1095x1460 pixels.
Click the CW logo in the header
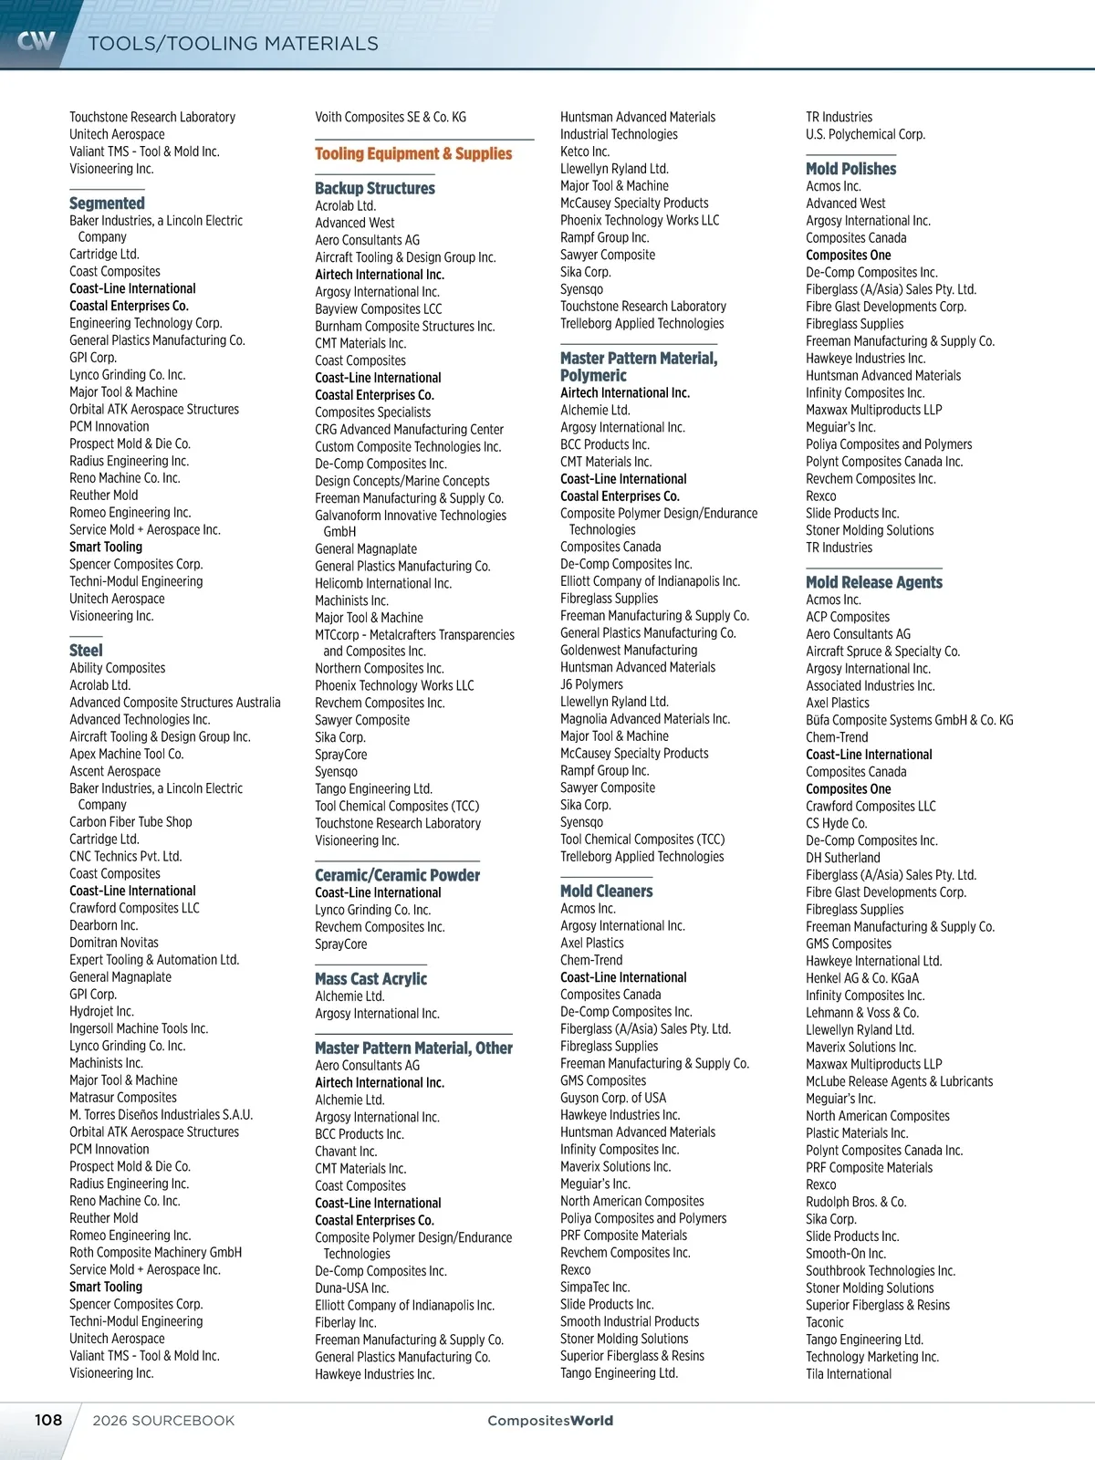[x=36, y=40]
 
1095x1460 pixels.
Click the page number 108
[x=48, y=1420]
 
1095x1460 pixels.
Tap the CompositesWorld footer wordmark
[x=550, y=1420]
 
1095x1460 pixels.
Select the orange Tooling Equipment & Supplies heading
[x=413, y=153]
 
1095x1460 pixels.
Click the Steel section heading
[x=86, y=650]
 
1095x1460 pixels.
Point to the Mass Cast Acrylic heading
[x=370, y=978]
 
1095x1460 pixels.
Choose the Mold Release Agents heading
[x=873, y=581]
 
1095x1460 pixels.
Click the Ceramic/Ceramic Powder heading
[x=397, y=874]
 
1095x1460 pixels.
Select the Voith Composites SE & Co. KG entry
[x=391, y=117]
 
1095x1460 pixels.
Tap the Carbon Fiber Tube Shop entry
[x=130, y=821]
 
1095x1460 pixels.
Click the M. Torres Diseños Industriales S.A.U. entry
[x=161, y=1114]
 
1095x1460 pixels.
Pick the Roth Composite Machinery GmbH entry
[x=155, y=1252]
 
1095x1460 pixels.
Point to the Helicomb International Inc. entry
[x=383, y=583]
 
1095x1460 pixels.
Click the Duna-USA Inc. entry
[x=351, y=1288]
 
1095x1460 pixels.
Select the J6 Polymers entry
[x=591, y=684]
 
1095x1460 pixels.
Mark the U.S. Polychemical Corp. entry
[x=865, y=134]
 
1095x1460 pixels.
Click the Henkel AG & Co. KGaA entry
[x=862, y=977]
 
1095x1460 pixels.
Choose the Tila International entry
[x=849, y=1373]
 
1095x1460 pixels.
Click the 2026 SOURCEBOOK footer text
[x=163, y=1420]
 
